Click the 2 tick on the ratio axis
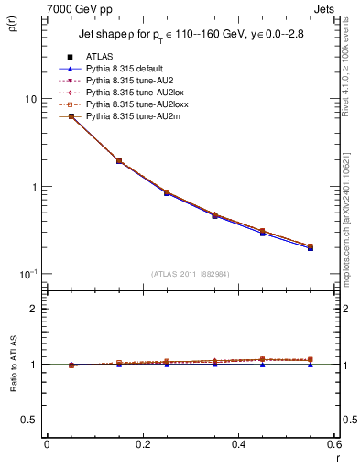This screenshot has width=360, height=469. [34, 309]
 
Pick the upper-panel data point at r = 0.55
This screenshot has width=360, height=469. [311, 246]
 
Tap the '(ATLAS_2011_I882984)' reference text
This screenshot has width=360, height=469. [190, 274]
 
